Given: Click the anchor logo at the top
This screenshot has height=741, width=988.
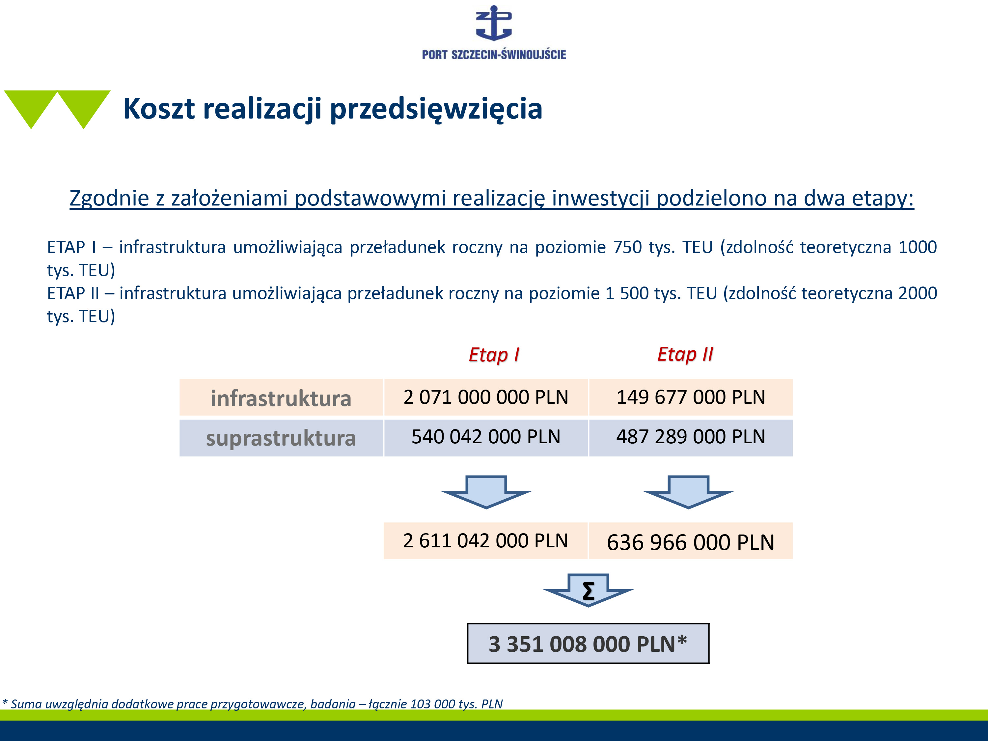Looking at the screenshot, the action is click(x=494, y=23).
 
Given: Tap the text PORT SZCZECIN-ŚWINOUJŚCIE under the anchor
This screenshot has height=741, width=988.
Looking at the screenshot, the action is click(x=494, y=55).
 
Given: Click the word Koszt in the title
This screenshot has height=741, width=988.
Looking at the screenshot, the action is click(x=159, y=109).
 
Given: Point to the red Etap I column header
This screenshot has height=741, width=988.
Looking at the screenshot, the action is click(x=494, y=355).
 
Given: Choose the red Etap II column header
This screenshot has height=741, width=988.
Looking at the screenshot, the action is click(x=685, y=354).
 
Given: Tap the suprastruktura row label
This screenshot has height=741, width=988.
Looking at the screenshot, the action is click(x=281, y=438).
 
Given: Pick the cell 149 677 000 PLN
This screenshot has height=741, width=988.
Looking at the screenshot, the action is click(x=691, y=397).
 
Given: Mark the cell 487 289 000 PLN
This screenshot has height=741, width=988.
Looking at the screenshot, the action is click(x=691, y=436).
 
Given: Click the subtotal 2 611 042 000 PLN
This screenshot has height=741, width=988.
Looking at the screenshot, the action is click(x=485, y=540).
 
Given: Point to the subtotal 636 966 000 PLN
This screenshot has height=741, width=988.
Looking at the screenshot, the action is click(x=691, y=542).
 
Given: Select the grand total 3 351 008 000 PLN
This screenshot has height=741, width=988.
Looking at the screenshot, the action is click(x=588, y=644).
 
